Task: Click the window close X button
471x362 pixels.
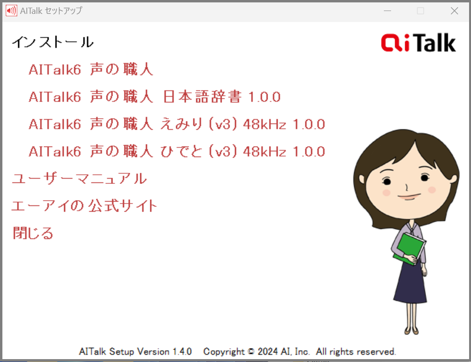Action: pos(454,11)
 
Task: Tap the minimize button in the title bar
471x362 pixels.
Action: pos(388,11)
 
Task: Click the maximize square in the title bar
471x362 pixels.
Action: pos(421,11)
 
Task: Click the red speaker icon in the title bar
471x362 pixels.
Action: pos(11,11)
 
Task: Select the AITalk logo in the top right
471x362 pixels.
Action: pos(418,43)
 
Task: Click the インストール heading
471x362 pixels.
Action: pos(53,42)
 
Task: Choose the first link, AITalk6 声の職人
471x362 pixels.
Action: pos(91,69)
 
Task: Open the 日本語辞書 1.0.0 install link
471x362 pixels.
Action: pos(155,97)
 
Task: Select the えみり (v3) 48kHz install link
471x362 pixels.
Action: pos(177,124)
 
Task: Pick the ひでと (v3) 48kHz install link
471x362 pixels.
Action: pos(177,151)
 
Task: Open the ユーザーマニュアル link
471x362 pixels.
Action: pos(79,179)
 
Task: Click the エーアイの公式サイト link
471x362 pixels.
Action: pos(84,206)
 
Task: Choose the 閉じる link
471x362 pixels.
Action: pos(33,233)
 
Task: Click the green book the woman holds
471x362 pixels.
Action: pos(409,249)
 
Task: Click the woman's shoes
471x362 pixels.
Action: pos(412,330)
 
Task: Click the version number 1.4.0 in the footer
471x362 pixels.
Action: pos(182,351)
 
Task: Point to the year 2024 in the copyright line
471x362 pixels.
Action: pos(268,351)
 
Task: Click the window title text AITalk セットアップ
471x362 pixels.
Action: pos(51,11)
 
